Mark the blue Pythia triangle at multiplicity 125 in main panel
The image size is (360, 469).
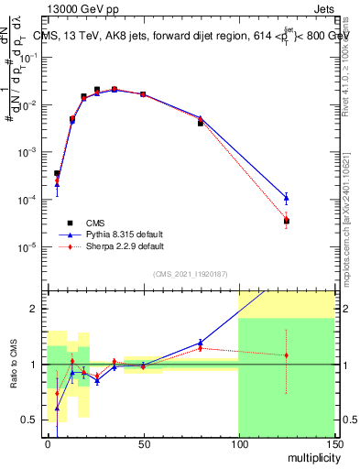(x=287, y=197)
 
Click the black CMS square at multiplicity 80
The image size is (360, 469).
(x=200, y=122)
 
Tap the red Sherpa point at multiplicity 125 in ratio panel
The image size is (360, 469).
(x=287, y=355)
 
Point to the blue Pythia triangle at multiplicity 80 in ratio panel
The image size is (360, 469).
(x=200, y=343)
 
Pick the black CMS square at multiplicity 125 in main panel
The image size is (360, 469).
(x=287, y=221)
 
